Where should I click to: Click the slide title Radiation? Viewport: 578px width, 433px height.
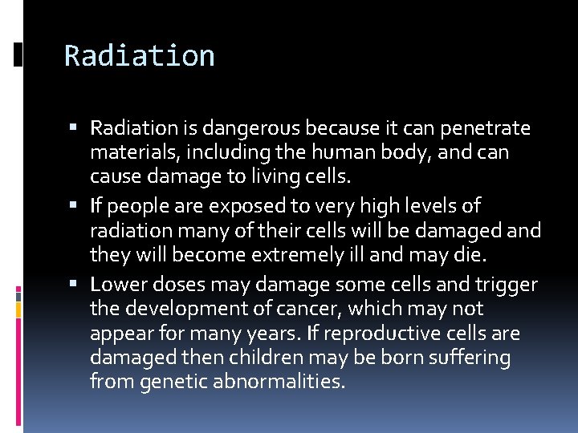coord(139,56)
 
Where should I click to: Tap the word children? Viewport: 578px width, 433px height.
coord(258,358)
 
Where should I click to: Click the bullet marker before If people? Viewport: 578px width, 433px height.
coord(73,206)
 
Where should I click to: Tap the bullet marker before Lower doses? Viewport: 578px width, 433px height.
coord(73,284)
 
